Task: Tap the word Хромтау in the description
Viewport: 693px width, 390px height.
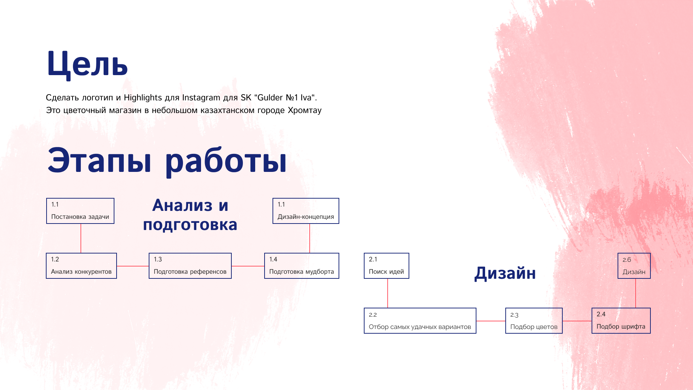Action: [305, 110]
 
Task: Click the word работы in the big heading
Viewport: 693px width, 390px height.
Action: [226, 161]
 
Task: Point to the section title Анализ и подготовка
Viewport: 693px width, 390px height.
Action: [190, 215]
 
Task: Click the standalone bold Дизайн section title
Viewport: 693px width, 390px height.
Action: [505, 273]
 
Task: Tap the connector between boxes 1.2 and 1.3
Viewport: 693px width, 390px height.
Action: [133, 266]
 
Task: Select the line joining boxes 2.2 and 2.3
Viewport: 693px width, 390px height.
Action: [491, 321]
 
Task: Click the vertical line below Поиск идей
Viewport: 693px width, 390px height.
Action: [388, 293]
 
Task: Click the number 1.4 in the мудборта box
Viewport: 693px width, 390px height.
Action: [273, 259]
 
